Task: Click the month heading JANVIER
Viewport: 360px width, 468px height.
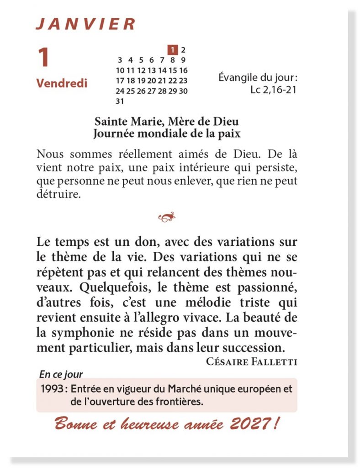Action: [85, 24]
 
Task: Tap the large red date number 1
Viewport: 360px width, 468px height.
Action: [43, 58]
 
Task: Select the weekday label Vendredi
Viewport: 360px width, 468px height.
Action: [62, 84]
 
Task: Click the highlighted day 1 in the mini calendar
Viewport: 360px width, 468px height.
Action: [173, 49]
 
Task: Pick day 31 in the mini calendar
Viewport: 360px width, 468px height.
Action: [120, 101]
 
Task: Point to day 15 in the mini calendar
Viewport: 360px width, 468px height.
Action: [173, 70]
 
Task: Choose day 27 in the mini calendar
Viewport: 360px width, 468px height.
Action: [151, 91]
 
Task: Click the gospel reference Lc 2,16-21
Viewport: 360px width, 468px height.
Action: [273, 90]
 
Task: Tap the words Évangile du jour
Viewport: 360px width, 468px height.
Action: [258, 78]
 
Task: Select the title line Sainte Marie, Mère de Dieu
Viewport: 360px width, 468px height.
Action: [166, 122]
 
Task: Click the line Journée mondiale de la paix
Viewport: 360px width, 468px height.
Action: [166, 134]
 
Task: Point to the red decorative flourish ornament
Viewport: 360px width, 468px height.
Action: [167, 218]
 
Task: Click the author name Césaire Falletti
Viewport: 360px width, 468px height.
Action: [252, 362]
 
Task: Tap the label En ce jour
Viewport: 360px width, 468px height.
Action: [61, 375]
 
